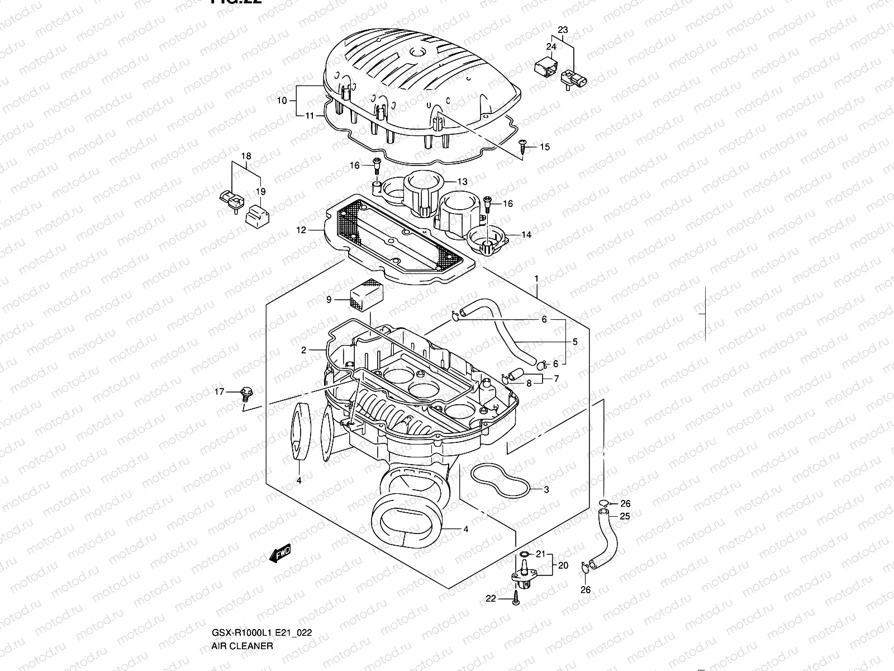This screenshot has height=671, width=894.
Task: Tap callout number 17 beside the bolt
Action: [x=218, y=392]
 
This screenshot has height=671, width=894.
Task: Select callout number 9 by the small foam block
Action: [x=329, y=300]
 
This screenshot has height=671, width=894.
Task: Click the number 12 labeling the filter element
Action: [x=301, y=230]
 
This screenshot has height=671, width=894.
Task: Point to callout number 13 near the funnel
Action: [x=462, y=182]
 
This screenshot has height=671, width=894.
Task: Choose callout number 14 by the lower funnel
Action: [x=526, y=235]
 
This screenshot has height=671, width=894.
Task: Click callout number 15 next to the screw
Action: [x=545, y=147]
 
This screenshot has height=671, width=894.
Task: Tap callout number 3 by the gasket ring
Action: [x=546, y=490]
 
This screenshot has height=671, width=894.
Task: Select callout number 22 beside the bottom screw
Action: [x=491, y=599]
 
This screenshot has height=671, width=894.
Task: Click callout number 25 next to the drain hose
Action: [x=625, y=516]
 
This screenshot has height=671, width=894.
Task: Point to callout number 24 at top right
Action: [x=551, y=47]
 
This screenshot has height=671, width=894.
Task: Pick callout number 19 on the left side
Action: [x=261, y=192]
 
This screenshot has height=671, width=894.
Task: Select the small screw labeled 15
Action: [x=523, y=145]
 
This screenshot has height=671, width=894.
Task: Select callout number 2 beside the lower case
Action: [x=303, y=351]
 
